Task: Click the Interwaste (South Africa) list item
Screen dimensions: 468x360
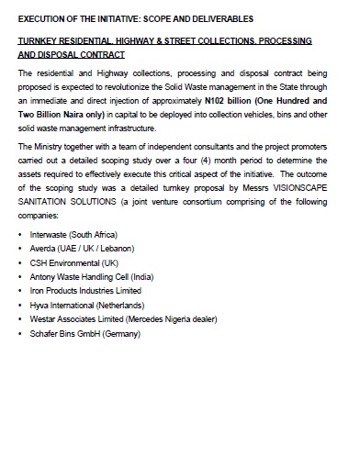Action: point(73,235)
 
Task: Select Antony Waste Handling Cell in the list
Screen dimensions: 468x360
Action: point(91,276)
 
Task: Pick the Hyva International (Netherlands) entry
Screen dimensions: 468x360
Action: point(86,304)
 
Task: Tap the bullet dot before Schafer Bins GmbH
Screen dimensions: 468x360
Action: point(20,332)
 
